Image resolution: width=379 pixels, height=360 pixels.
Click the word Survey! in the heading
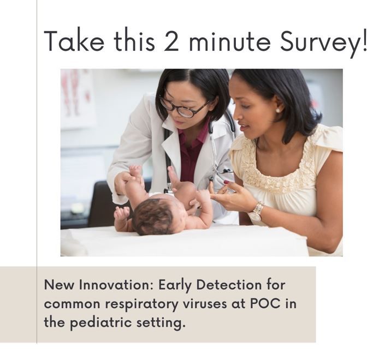[x=322, y=42]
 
